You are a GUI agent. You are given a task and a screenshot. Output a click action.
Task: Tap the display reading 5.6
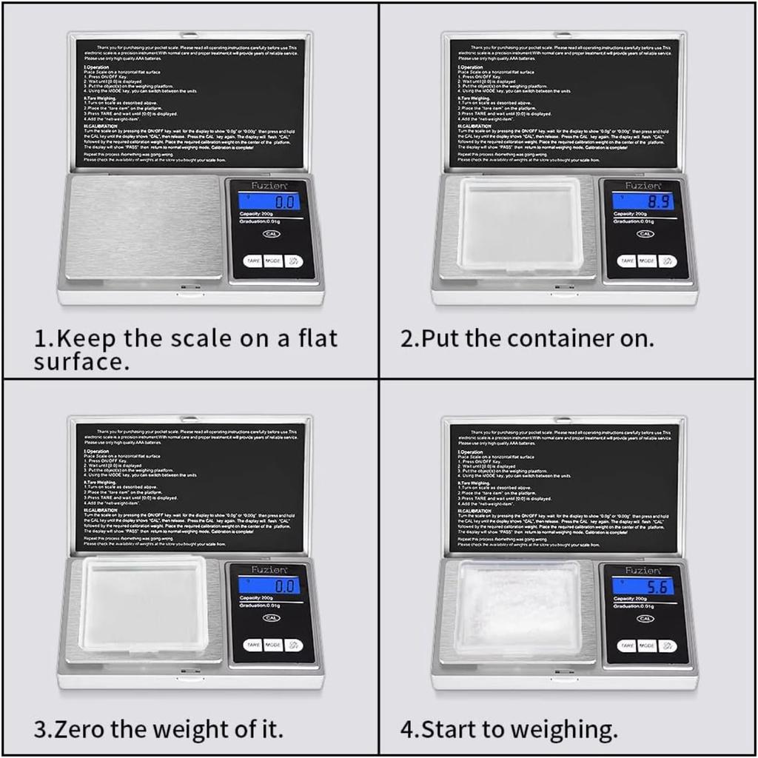643,586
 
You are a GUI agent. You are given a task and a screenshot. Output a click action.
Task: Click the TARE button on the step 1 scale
252,261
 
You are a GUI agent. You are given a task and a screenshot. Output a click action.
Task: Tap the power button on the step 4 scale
667,645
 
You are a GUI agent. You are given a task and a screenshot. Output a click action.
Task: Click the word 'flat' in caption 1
311,338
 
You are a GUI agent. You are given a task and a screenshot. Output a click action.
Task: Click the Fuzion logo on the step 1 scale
272,186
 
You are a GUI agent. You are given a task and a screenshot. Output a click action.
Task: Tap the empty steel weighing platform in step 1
144,227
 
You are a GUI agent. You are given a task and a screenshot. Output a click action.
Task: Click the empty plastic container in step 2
519,224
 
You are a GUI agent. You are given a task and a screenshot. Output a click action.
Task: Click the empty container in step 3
145,605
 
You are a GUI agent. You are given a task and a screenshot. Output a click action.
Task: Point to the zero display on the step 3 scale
269,586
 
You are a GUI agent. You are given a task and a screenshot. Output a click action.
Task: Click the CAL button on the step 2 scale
645,234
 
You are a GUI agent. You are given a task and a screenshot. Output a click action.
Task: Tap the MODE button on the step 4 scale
646,645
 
